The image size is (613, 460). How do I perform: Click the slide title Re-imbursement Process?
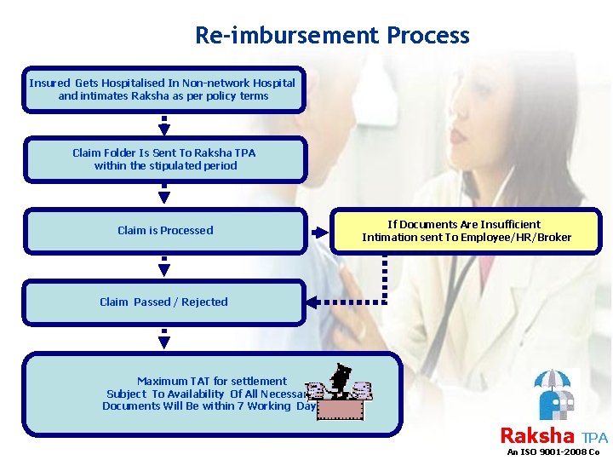click(332, 36)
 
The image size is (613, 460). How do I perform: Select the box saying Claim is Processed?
click(164, 231)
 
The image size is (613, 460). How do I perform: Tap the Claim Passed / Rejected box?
click(163, 302)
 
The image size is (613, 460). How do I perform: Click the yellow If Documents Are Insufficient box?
click(466, 231)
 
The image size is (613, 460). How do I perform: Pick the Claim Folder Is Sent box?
click(164, 159)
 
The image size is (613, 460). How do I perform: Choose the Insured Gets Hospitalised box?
click(163, 89)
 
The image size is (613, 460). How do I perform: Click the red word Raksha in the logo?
click(536, 435)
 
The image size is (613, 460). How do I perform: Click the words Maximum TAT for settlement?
click(212, 381)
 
